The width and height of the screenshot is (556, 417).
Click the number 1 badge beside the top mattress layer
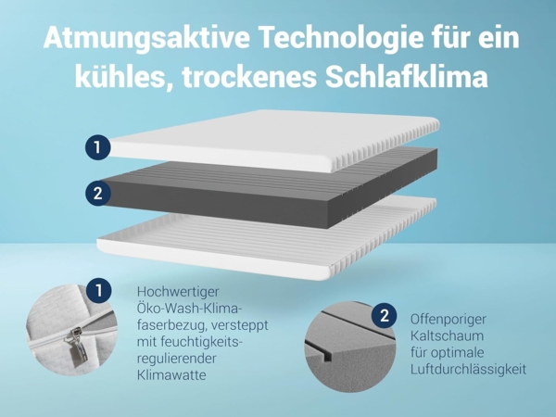[x=97, y=146]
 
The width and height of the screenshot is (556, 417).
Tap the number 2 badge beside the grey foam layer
[x=97, y=194]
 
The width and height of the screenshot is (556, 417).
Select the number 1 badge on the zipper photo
[x=98, y=291]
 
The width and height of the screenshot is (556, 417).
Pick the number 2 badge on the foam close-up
[x=383, y=316]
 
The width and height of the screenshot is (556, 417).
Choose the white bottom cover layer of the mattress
[x=269, y=236]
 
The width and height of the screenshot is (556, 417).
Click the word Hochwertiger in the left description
[x=180, y=291]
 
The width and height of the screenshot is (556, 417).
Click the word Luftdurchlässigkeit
[x=468, y=369]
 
